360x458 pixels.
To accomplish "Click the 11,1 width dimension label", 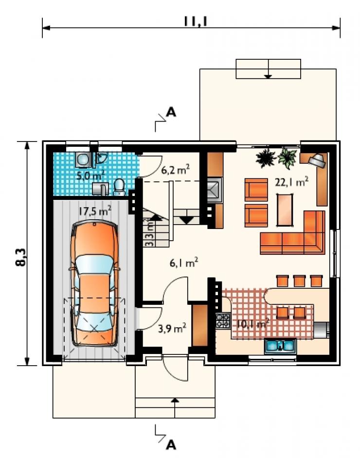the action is [196, 21].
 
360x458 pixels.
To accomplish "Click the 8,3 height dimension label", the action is [21, 258].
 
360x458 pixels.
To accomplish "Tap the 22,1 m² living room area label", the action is [291, 182].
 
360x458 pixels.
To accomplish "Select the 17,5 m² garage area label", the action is [95, 211].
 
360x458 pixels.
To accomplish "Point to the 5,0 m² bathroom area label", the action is [90, 175].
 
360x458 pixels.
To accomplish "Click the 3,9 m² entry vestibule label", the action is [172, 328].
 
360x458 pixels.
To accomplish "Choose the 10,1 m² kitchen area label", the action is [253, 323].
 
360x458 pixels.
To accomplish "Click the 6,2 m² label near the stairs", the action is [176, 169].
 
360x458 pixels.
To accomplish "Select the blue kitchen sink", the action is [280, 346].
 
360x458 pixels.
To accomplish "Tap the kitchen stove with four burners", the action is [223, 321].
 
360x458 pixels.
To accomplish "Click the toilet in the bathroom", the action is [119, 188].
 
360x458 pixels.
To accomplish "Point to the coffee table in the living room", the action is [285, 210].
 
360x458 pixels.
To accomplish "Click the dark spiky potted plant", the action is [266, 158].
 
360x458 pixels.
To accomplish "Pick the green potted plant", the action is [287, 158].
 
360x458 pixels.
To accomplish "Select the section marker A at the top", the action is [171, 112].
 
